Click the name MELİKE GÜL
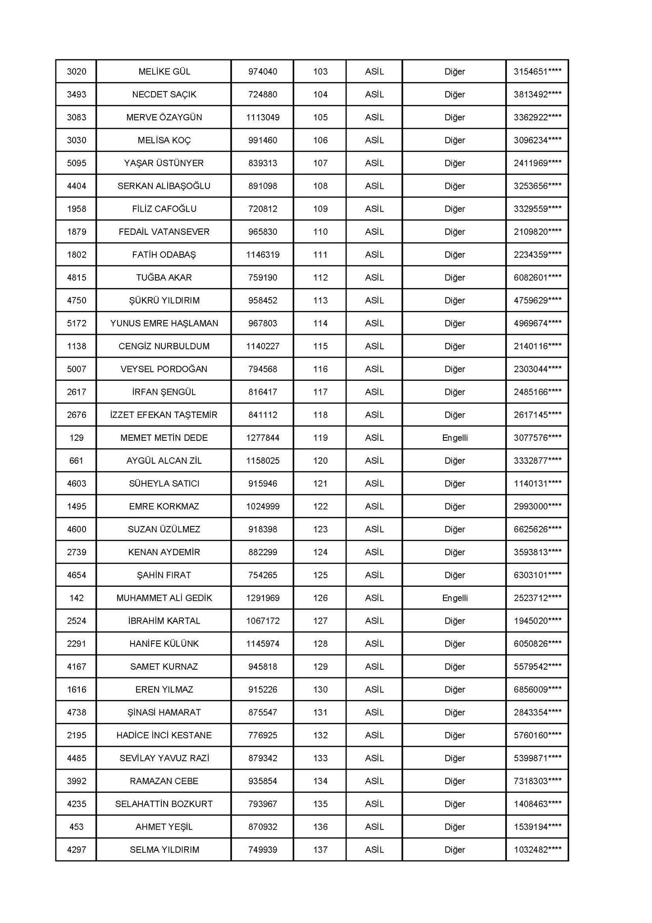tap(164, 72)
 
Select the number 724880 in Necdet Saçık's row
tap(263, 95)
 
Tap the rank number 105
tap(320, 118)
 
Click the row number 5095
tap(77, 163)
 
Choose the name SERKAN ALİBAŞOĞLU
tap(164, 186)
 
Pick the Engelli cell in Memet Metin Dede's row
tap(455, 438)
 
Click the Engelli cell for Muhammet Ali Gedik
tap(455, 598)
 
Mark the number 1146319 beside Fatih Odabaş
tap(263, 255)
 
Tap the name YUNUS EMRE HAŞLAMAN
tap(164, 323)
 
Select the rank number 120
tap(320, 461)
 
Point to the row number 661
tap(77, 461)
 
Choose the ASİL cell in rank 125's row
tap(374, 575)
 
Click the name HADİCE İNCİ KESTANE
tap(164, 735)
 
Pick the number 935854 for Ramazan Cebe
tap(263, 781)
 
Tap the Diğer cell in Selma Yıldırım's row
tap(455, 850)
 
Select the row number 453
tap(77, 827)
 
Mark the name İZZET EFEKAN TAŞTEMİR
tap(164, 415)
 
